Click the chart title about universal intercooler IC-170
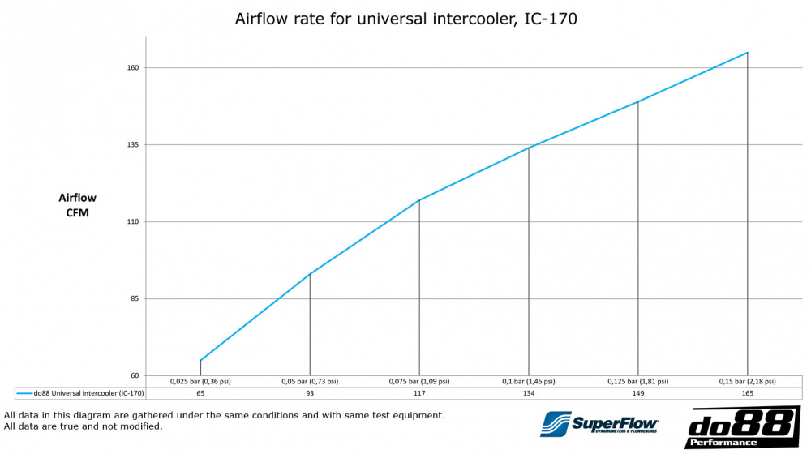(405, 19)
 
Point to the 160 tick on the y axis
(133, 68)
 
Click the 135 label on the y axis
(133, 145)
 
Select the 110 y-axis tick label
(133, 222)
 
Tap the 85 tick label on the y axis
(135, 299)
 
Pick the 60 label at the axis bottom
(135, 376)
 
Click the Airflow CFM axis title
(77, 205)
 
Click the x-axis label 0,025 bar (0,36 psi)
(200, 381)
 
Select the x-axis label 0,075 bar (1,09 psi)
(419, 381)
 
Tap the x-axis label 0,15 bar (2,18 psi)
(747, 381)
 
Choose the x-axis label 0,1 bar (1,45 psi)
(529, 381)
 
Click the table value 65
(200, 393)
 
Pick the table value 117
(419, 393)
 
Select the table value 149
(638, 393)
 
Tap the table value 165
(747, 393)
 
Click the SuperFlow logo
(600, 424)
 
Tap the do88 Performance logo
(742, 427)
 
